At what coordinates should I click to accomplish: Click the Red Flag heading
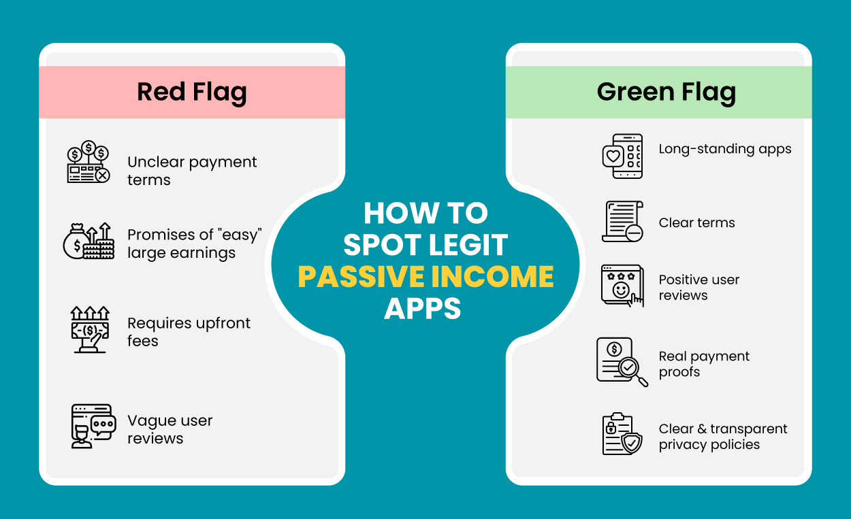tap(192, 92)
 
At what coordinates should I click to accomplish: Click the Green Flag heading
tap(666, 92)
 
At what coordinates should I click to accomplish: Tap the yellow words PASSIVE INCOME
tap(425, 277)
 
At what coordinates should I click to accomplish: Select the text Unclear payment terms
tap(192, 171)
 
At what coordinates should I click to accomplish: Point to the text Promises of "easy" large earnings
tap(195, 244)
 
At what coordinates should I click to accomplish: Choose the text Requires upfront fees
tap(189, 332)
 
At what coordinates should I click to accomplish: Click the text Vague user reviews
tap(170, 429)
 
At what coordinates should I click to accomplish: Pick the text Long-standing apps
tap(725, 149)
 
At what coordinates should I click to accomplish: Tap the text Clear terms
tap(696, 222)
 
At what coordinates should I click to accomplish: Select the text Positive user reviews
tap(699, 287)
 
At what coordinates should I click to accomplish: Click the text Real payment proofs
tap(704, 364)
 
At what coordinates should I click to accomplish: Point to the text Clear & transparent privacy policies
tap(722, 437)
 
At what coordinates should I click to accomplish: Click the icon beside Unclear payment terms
tap(89, 163)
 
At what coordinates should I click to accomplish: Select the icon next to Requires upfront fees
tap(90, 329)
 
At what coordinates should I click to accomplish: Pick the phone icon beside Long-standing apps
tap(622, 156)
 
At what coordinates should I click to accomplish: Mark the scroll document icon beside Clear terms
tap(622, 221)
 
